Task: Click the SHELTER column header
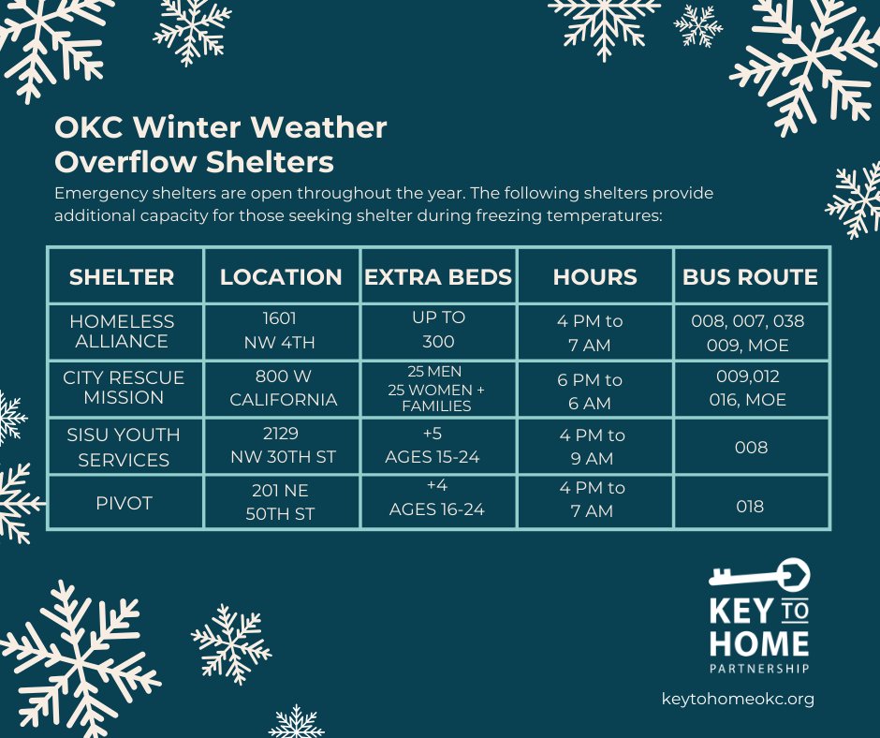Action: [x=122, y=277]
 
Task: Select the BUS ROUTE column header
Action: [x=750, y=277]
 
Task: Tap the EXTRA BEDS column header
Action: [x=438, y=277]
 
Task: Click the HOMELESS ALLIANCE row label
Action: [x=122, y=332]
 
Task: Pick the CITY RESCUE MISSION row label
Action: [x=124, y=388]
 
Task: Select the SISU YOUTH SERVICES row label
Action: [x=124, y=447]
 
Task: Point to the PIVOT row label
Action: [x=124, y=503]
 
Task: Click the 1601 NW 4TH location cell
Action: [x=281, y=331]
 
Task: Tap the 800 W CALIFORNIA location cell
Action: [x=282, y=389]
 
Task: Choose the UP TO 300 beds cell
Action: [x=438, y=330]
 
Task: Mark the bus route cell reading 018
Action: [x=750, y=507]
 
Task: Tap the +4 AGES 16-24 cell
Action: [x=438, y=500]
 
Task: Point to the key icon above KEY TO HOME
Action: [x=758, y=574]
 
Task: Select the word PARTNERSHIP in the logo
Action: [x=759, y=669]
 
